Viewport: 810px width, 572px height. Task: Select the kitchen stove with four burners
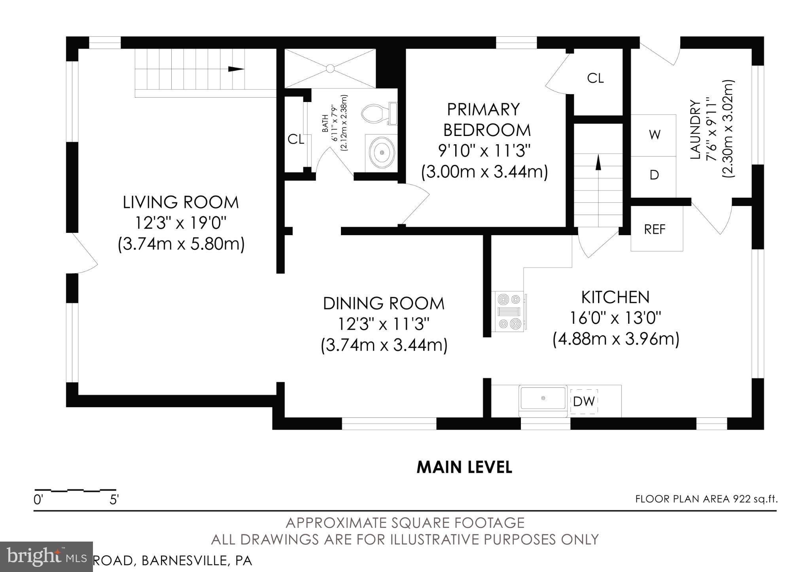(509, 312)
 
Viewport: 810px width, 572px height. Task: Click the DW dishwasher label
(584, 402)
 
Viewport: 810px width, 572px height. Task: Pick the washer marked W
(653, 135)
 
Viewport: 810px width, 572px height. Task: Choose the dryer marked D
(653, 175)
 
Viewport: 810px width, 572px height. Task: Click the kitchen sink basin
(543, 398)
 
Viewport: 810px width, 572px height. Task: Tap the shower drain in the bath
(330, 69)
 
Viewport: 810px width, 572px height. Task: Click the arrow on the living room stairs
(236, 69)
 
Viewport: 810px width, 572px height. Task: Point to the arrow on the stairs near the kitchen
(598, 162)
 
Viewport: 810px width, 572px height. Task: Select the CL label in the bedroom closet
(595, 78)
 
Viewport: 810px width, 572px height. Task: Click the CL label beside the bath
(295, 139)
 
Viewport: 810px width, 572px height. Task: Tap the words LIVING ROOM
(181, 202)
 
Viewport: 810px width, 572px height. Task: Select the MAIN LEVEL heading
(464, 467)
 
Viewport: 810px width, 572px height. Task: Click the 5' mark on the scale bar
(114, 500)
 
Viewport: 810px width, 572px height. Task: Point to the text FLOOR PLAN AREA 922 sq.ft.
(706, 499)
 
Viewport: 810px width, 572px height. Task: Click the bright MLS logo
(46, 557)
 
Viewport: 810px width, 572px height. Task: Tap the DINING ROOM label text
(384, 304)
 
